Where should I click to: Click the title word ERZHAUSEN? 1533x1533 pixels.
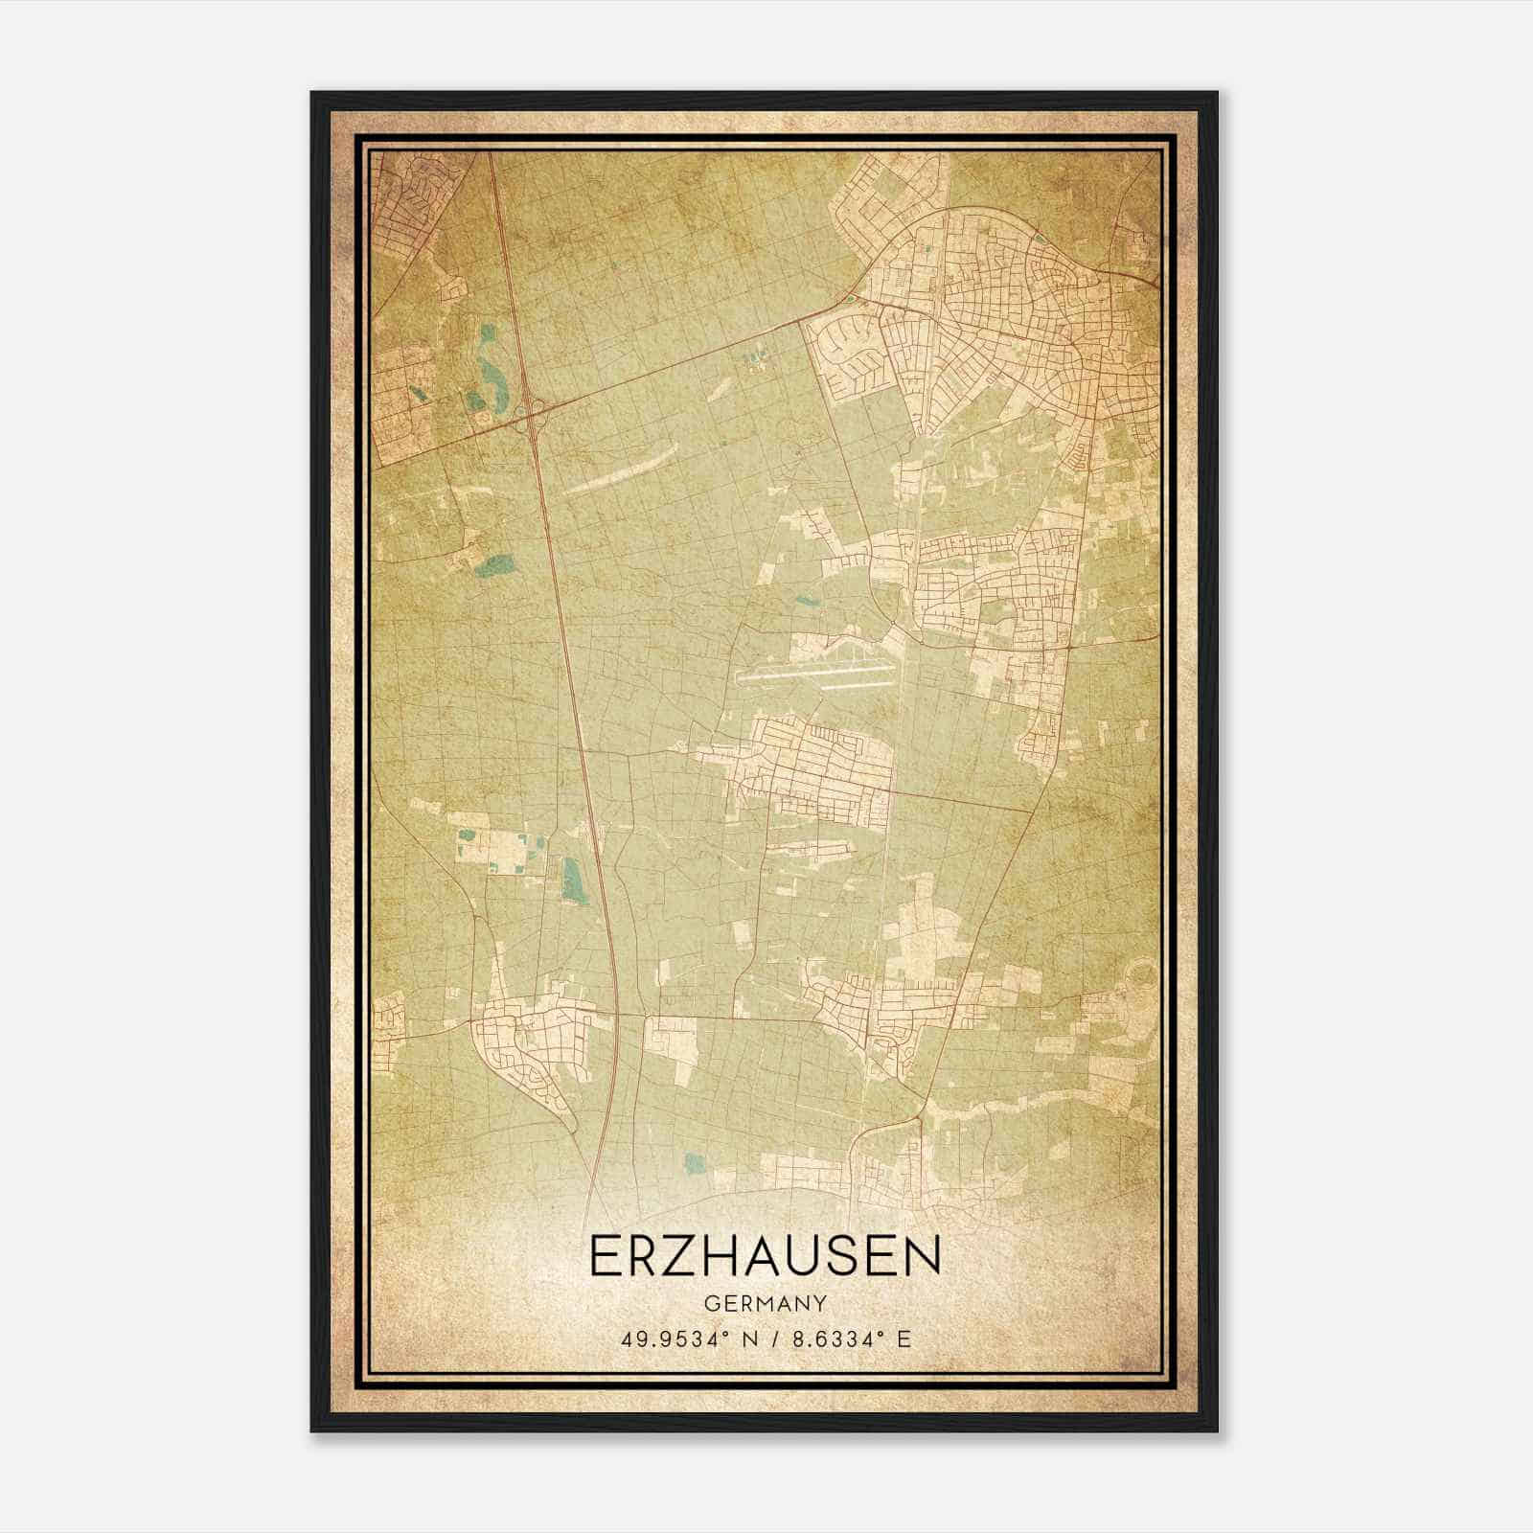pyautogui.click(x=765, y=1256)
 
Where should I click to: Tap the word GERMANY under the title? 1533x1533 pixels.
pyautogui.click(x=766, y=1303)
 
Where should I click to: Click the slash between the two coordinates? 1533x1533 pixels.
pyautogui.click(x=769, y=1339)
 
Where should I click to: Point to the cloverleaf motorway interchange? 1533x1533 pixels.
pyautogui.click(x=529, y=415)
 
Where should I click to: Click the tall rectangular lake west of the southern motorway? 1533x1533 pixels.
pyautogui.click(x=572, y=879)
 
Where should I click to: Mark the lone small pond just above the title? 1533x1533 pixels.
pyautogui.click(x=696, y=1164)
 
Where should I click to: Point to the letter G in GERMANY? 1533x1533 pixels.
pyautogui.click(x=710, y=1303)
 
